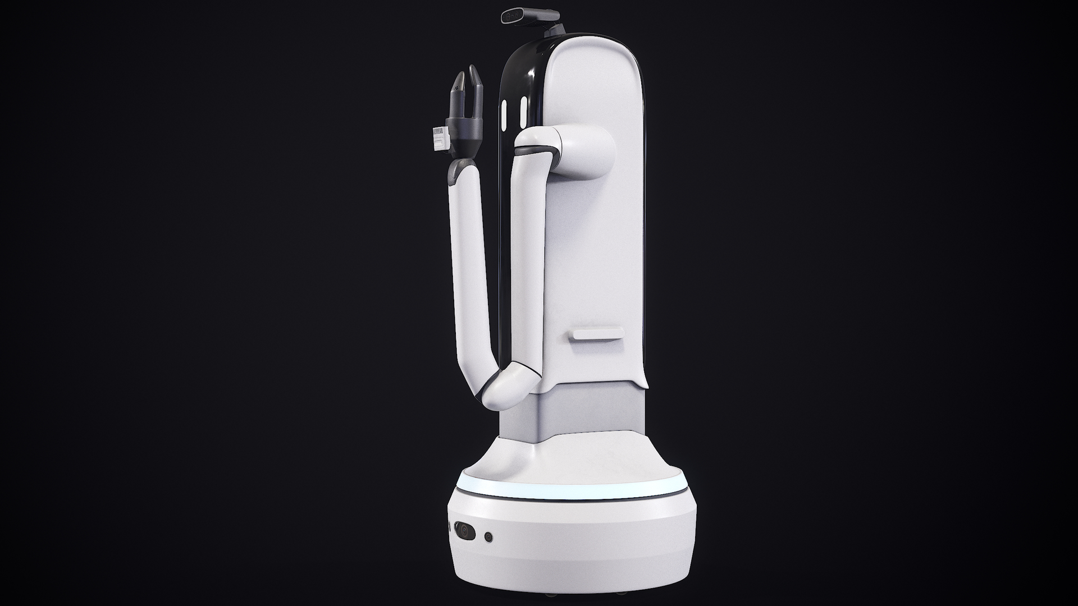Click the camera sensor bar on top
(522, 15)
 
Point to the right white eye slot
(523, 112)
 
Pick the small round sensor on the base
(488, 537)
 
